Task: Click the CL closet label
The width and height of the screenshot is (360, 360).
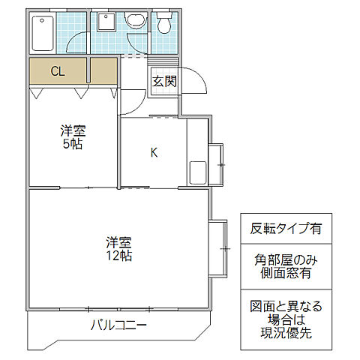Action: pos(58,72)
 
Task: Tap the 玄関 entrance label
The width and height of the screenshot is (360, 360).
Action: pos(164,82)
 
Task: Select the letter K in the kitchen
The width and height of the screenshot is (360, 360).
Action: pos(154,153)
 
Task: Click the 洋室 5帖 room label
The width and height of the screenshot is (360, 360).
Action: pos(73,137)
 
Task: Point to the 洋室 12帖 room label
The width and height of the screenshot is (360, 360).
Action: pos(118,249)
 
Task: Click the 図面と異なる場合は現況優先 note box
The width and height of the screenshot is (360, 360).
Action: pos(286,320)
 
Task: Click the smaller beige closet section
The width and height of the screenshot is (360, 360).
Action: pos(103,72)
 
